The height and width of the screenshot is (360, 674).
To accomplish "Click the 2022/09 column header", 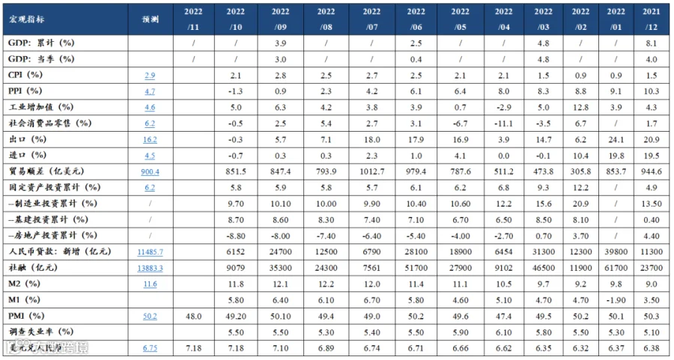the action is pyautogui.click(x=280, y=19).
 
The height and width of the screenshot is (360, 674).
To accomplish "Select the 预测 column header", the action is pyautogui.click(x=150, y=19).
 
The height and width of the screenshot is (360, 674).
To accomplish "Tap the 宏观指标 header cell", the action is pyautogui.click(x=25, y=19).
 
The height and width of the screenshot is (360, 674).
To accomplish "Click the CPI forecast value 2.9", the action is pyautogui.click(x=150, y=76).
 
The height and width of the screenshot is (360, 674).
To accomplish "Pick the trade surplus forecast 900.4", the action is pyautogui.click(x=150, y=172).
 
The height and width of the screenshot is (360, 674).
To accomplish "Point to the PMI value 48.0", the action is pyautogui.click(x=193, y=316).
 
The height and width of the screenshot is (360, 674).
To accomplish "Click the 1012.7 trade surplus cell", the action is pyautogui.click(x=371, y=172).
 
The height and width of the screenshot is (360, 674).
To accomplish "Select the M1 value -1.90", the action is pyautogui.click(x=616, y=300).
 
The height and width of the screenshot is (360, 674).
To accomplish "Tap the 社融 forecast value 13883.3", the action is pyautogui.click(x=150, y=269).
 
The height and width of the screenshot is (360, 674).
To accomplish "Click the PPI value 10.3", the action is pyautogui.click(x=652, y=91).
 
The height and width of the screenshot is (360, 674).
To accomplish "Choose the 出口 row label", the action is pyautogui.click(x=27, y=140).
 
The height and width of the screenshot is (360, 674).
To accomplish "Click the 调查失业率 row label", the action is pyautogui.click(x=41, y=332).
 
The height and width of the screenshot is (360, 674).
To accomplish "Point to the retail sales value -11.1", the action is pyautogui.click(x=503, y=123).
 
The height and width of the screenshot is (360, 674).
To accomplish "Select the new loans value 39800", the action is pyautogui.click(x=616, y=252).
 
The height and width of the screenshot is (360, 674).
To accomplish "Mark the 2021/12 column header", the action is pyautogui.click(x=652, y=19).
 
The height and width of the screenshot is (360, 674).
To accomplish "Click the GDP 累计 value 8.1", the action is pyautogui.click(x=652, y=43).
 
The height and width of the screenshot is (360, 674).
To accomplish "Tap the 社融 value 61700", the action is pyautogui.click(x=616, y=269).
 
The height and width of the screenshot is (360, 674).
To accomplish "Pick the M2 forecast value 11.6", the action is pyautogui.click(x=150, y=284).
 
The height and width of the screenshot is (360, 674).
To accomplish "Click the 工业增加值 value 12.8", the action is pyautogui.click(x=580, y=108).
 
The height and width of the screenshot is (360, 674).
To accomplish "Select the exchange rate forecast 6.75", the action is pyautogui.click(x=150, y=349).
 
